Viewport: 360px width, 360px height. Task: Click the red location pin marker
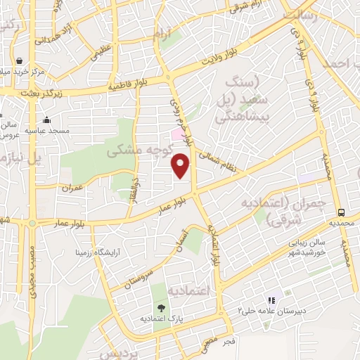coord(181,165)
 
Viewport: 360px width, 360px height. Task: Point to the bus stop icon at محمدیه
coord(341,212)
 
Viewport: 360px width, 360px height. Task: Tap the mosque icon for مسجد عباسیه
coord(46,120)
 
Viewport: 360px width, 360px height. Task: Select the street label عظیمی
coord(107,50)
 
